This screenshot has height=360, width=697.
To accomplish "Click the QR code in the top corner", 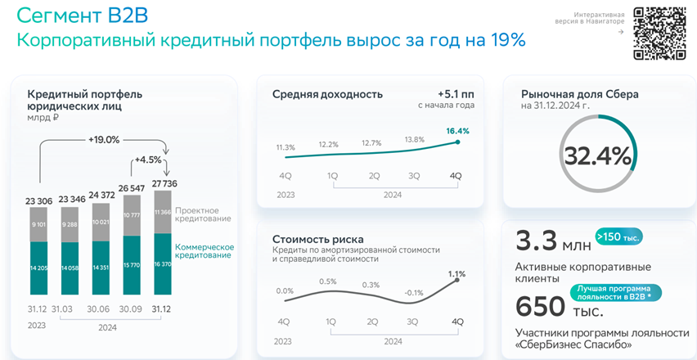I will coord(660,33).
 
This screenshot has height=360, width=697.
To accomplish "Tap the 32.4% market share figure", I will coord(596,156).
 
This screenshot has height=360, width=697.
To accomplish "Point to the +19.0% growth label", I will coord(104,140).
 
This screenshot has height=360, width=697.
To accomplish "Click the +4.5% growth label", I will coord(149,160).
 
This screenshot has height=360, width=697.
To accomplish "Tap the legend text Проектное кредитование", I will coord(203,214).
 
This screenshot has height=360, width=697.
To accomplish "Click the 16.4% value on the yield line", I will coord(457,131).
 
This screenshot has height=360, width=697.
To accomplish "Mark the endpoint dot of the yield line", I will coord(457,142).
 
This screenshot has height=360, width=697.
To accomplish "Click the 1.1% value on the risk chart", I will coord(456,273).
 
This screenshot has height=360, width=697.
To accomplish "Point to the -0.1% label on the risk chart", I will coord(415,293).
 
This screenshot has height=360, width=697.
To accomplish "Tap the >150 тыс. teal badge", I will coord(619,237).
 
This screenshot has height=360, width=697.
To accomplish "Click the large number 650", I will coord(540,306).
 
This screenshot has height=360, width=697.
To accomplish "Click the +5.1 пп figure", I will coord(456,93).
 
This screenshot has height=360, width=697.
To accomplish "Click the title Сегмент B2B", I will coord(83,16).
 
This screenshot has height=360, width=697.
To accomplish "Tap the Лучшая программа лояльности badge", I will coord(618,292).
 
